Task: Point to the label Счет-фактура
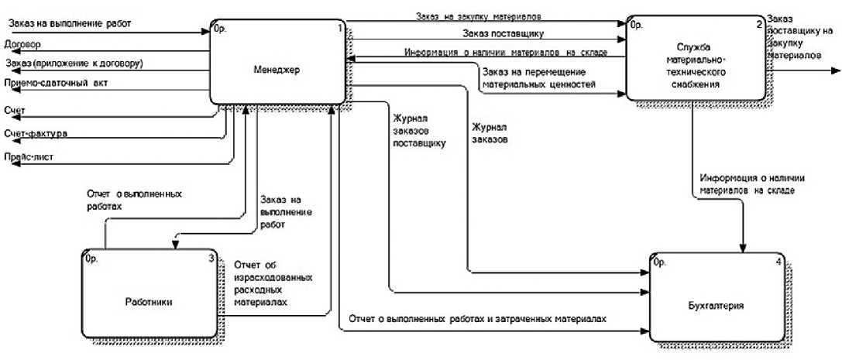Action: coord(35,134)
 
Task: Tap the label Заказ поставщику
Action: coord(502,33)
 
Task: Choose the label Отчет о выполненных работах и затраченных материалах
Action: coord(476,318)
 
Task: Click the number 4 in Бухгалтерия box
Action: coord(778,261)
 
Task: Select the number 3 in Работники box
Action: coord(211,259)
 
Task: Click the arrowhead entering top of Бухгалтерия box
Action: coord(745,249)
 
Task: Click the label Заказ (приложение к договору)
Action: coord(74,63)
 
